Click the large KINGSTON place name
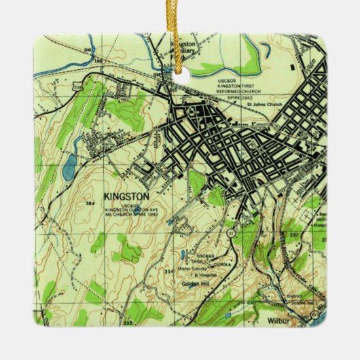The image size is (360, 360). click(x=127, y=196)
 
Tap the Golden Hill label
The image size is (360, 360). click(x=194, y=281)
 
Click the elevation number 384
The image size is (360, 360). click(x=90, y=203)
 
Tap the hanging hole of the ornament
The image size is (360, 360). click(x=180, y=68)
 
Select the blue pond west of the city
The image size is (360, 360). click(x=69, y=166)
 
